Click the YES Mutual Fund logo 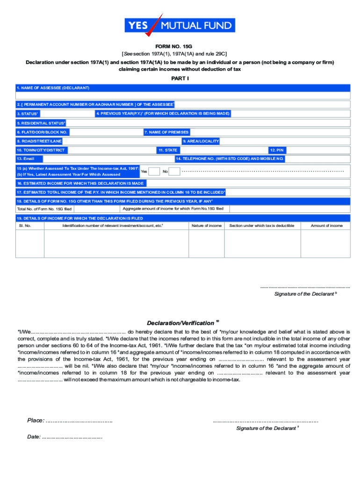180,25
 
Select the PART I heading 180,78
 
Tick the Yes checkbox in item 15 154,172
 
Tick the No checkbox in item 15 174,172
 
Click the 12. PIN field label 277,150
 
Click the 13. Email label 26,159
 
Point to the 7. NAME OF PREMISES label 166,132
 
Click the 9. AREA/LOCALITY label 201,141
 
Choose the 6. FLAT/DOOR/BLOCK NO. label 42,132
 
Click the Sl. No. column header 25,226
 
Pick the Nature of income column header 207,226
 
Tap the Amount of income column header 327,226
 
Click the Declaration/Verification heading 180,323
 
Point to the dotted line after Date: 72,438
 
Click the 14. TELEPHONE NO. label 230,159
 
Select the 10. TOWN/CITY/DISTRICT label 41,150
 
